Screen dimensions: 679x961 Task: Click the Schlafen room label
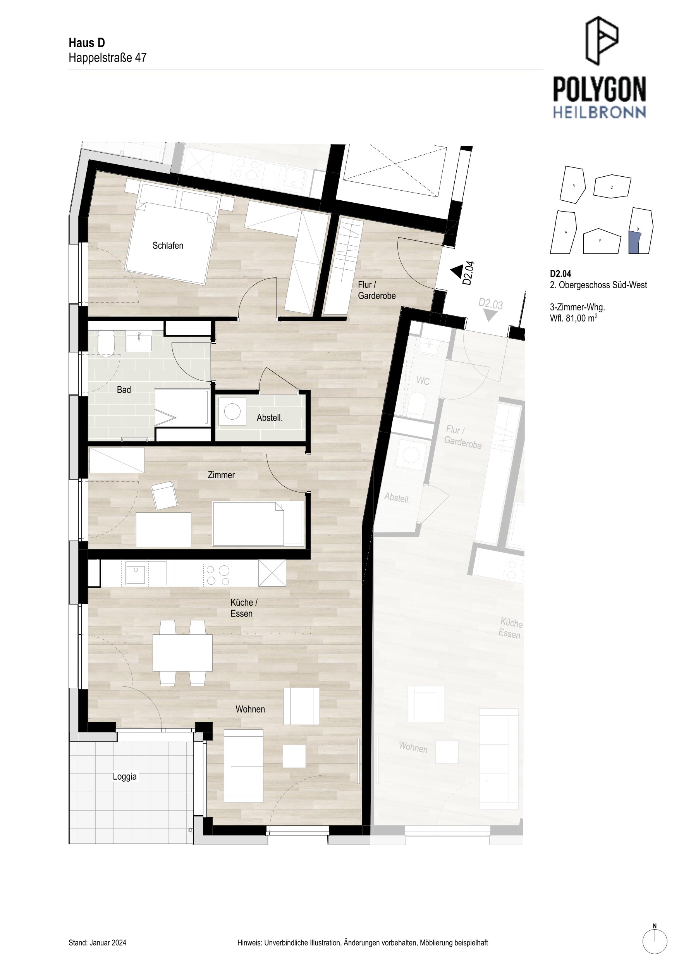pos(168,246)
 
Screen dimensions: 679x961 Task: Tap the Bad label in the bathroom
pos(124,390)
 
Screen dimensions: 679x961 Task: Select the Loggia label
pos(125,777)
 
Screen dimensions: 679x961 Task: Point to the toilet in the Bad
pos(106,344)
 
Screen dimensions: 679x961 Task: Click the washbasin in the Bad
pos(139,341)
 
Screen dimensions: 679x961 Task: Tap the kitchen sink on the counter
pos(135,573)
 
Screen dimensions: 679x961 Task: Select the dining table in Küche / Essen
pos(182,653)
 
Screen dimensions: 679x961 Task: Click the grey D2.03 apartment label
pos(490,303)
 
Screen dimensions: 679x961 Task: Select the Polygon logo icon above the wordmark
pos(602,41)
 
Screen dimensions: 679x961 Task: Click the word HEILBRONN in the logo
pos(600,112)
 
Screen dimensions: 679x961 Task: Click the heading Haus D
pos(87,43)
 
